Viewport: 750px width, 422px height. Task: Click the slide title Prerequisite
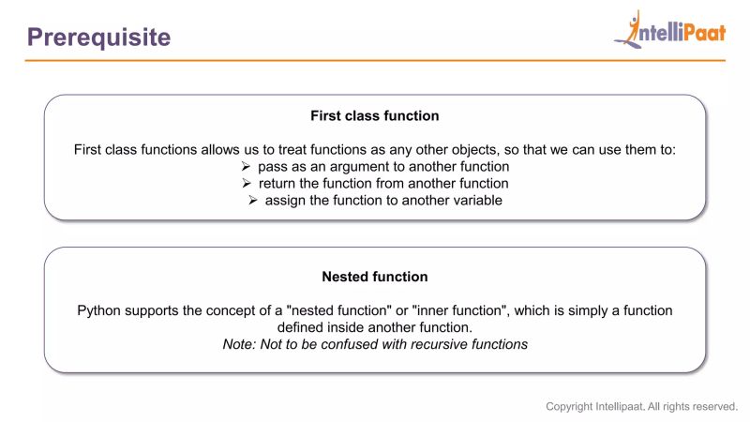(x=98, y=37)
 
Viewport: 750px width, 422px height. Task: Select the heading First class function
(x=375, y=116)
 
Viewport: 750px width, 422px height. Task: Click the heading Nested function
(x=375, y=277)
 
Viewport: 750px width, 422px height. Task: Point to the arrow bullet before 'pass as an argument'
(x=247, y=166)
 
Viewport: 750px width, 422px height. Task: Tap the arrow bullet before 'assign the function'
(x=253, y=200)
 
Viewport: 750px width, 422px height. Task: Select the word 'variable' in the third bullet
(x=475, y=200)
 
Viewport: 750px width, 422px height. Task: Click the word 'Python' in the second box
(x=98, y=310)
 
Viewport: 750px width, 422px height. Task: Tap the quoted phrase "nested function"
(x=322, y=310)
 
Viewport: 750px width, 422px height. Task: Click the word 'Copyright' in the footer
(x=569, y=407)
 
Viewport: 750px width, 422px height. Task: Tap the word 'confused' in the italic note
(x=348, y=344)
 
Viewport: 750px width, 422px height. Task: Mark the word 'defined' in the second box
(x=300, y=327)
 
